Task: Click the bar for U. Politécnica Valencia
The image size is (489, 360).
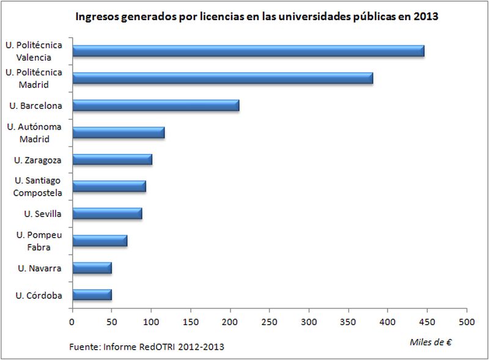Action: click(x=248, y=51)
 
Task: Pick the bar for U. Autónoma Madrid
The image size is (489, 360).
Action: click(x=118, y=133)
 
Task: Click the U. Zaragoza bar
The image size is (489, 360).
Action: click(x=112, y=160)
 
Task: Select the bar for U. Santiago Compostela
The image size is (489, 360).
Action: click(x=109, y=186)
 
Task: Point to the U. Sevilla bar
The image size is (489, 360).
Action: click(x=107, y=213)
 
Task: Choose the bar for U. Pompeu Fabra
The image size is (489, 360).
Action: click(x=100, y=240)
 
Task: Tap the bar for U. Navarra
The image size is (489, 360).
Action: click(x=92, y=268)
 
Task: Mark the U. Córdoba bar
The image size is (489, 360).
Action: click(x=92, y=295)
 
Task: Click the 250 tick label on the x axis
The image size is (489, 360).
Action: click(x=270, y=320)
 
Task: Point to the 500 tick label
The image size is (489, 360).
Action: click(x=466, y=320)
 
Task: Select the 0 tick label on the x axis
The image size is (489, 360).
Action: click(x=72, y=320)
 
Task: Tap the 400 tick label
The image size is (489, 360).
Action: click(x=388, y=320)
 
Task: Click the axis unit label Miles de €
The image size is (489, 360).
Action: click(x=430, y=342)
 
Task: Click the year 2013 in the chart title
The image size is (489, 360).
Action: click(x=426, y=17)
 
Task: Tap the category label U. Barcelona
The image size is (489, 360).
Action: click(x=35, y=106)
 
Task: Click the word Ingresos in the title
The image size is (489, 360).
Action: click(x=97, y=17)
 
